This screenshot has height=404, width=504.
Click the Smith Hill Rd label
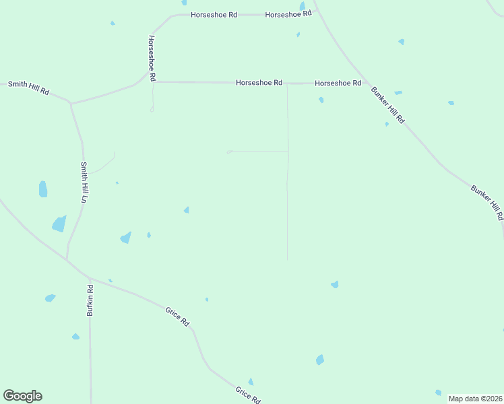(28, 88)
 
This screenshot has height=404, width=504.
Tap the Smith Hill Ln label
(84, 182)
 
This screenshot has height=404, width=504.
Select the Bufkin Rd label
(90, 300)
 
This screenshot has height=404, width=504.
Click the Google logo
(22, 396)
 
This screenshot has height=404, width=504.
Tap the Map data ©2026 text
(475, 399)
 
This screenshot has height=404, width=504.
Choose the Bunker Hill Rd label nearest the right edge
(486, 202)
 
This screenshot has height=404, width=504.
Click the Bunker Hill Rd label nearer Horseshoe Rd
(387, 105)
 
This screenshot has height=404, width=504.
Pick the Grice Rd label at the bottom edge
(247, 395)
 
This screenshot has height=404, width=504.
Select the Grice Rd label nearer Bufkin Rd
(177, 316)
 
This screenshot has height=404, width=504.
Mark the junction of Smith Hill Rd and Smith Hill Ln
(71, 104)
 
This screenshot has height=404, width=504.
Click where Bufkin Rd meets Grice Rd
(89, 277)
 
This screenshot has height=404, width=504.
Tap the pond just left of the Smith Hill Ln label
(43, 189)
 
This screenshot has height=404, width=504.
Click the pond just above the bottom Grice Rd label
(251, 382)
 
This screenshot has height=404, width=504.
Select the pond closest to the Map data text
(438, 393)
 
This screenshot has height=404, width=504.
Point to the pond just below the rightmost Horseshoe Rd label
(321, 100)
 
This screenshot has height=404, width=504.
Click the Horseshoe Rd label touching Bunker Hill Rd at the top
(288, 14)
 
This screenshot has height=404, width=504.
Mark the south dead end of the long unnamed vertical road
(288, 260)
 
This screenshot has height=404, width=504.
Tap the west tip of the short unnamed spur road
(228, 152)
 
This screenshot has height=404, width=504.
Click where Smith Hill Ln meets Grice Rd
(67, 259)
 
